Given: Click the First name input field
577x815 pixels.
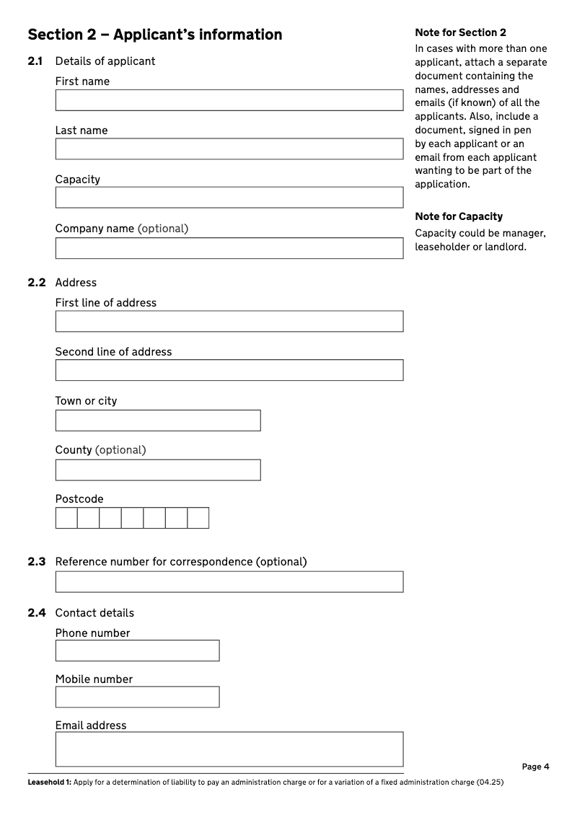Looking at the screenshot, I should click(x=229, y=100).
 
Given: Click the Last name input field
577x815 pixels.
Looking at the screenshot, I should click(x=229, y=149).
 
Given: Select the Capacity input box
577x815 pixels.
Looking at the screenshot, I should click(x=229, y=198).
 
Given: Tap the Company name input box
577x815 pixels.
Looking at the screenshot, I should click(x=229, y=248).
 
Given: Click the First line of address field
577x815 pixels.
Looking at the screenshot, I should click(x=229, y=322).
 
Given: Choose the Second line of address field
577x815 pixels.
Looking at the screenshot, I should click(x=229, y=371).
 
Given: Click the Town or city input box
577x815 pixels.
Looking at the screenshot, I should click(x=158, y=420).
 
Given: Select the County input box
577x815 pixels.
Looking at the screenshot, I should click(x=158, y=470).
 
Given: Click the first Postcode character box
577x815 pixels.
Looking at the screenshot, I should click(x=66, y=518).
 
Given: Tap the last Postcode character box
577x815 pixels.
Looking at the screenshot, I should click(x=198, y=518).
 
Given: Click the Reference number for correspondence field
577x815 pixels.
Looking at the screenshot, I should click(x=229, y=582).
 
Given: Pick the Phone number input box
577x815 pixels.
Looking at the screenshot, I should click(x=137, y=651).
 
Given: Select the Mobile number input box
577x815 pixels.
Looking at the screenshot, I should click(x=137, y=697).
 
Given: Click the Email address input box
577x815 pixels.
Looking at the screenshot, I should click(x=229, y=749).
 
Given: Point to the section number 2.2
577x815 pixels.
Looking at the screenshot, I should click(x=37, y=283).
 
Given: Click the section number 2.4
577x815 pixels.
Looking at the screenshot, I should click(x=37, y=613).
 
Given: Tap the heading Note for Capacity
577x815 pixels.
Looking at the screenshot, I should click(x=459, y=216).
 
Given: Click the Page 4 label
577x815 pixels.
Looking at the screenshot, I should click(x=536, y=767).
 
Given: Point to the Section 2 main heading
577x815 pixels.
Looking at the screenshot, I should click(x=155, y=35).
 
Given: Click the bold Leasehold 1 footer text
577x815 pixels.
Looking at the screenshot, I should click(x=49, y=783).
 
